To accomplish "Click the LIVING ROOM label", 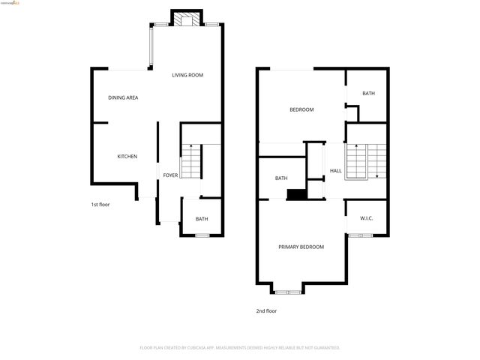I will (x=187, y=75).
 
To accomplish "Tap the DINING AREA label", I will (x=122, y=97).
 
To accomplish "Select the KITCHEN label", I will (x=127, y=156).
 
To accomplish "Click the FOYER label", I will (x=170, y=175).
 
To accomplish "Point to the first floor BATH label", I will (x=202, y=219).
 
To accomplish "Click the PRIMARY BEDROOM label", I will (x=301, y=247).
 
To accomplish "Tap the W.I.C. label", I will (x=367, y=218).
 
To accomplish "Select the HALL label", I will (x=336, y=171).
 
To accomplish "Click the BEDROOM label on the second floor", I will (x=301, y=109).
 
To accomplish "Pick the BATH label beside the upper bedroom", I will (x=368, y=94).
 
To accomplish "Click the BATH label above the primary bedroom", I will (x=281, y=178).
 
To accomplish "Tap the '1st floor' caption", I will (x=100, y=204).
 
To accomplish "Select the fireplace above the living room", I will (x=186, y=19).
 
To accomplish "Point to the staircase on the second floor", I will (x=366, y=159).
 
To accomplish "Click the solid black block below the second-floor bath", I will (x=297, y=194).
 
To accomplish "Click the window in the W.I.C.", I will (x=360, y=235).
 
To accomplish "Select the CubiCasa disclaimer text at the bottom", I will (x=240, y=347).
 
